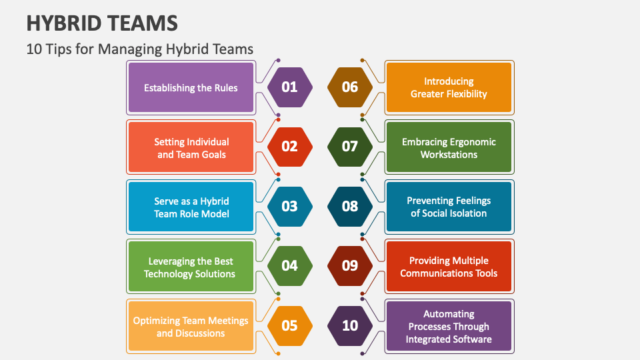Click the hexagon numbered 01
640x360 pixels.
(290, 87)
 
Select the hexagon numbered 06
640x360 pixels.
(350, 87)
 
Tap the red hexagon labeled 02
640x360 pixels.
(290, 147)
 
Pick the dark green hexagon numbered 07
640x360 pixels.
(350, 147)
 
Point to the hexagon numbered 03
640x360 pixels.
(290, 207)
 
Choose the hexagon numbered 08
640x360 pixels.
(350, 207)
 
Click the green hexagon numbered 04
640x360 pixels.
(290, 266)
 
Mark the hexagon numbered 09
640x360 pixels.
(350, 266)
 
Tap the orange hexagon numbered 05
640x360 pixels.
(290, 326)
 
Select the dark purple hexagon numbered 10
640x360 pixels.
(350, 326)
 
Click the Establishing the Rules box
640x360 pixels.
(191, 87)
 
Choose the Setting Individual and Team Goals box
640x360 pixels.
(191, 147)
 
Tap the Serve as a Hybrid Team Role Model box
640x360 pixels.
(191, 207)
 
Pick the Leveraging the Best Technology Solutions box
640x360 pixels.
(191, 266)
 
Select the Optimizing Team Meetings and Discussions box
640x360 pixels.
(191, 326)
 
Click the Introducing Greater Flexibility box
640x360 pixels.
(449, 87)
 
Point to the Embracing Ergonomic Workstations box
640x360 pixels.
(449, 147)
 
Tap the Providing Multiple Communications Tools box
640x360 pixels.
(449, 266)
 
